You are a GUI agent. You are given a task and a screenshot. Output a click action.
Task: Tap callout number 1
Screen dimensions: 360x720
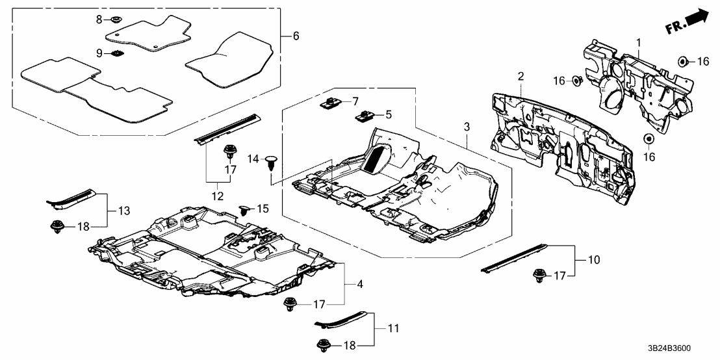(639, 43)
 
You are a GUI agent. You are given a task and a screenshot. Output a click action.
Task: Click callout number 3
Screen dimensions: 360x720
(465, 125)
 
